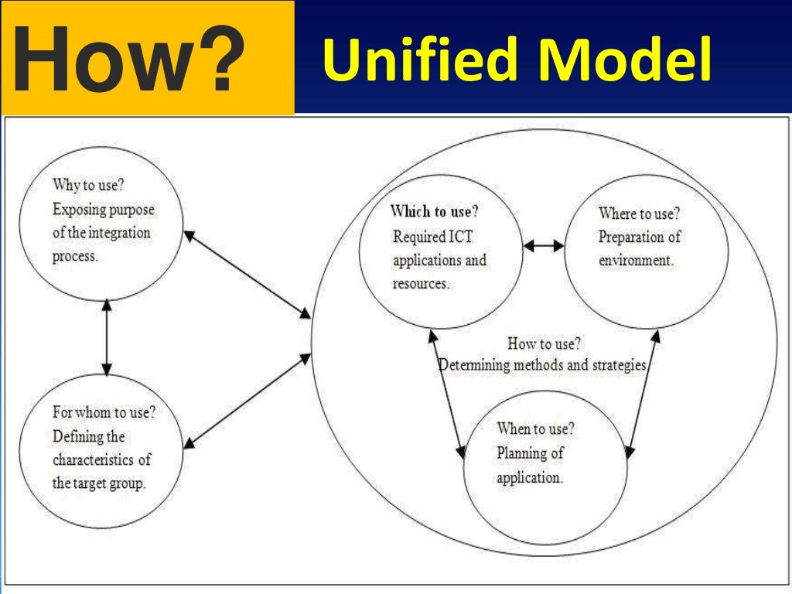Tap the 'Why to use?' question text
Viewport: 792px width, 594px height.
tap(91, 186)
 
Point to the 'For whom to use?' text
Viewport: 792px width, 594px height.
tap(104, 412)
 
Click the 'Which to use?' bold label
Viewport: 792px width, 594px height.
tap(434, 211)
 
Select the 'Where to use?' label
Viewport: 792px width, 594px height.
tap(644, 213)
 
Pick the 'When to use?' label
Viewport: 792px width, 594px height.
tap(535, 428)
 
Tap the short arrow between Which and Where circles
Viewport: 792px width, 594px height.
tap(544, 246)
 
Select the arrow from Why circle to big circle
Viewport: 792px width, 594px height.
tap(247, 274)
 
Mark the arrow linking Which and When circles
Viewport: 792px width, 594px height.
tap(448, 394)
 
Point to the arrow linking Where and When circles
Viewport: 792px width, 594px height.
tap(643, 394)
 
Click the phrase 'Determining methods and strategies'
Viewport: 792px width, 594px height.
tap(542, 364)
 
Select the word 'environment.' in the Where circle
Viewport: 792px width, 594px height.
tap(636, 261)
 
